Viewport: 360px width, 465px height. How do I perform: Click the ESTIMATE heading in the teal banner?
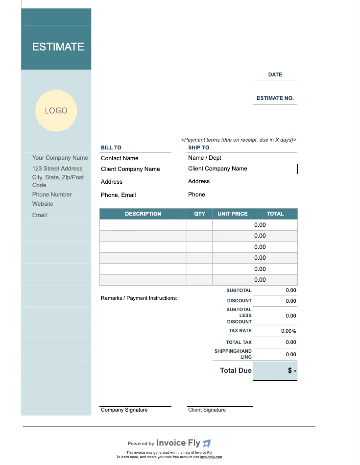[58, 47]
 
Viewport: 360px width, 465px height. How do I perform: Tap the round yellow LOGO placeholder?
[56, 111]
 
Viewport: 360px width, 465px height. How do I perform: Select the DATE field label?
[275, 74]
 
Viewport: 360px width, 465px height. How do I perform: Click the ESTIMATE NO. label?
[275, 98]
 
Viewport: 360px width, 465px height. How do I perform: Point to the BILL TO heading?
[111, 147]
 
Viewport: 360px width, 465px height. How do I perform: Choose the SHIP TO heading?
[198, 147]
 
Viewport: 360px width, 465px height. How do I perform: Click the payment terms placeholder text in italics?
[239, 140]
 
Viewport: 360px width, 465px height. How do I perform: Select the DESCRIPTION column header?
[143, 214]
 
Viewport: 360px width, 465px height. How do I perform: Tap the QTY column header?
[199, 214]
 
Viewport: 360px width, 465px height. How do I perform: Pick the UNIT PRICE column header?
[233, 214]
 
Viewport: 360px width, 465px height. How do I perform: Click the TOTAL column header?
[275, 214]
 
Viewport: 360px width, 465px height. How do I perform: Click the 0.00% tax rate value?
[288, 331]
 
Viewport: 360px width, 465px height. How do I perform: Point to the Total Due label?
[236, 370]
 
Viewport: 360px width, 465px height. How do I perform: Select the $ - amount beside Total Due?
[292, 370]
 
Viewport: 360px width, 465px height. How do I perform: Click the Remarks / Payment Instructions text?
[139, 298]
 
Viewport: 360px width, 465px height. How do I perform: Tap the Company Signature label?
[124, 410]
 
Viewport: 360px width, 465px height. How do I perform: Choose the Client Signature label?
[207, 410]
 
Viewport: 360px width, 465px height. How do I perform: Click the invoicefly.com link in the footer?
[211, 457]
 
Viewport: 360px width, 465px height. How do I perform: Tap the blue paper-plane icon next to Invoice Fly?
[207, 443]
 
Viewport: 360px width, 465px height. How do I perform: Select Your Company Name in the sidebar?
[60, 158]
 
